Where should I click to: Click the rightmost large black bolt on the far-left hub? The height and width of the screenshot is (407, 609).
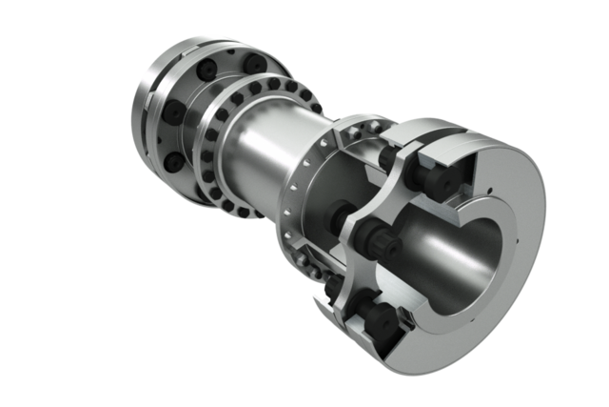tap(255, 63)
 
